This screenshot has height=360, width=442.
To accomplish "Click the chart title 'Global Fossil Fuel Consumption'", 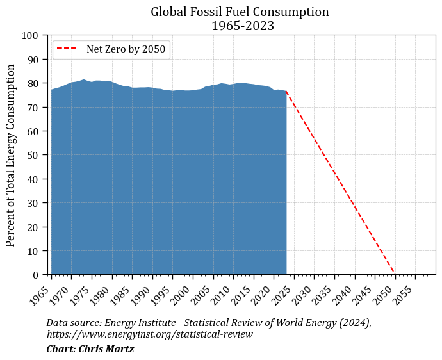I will [240, 12].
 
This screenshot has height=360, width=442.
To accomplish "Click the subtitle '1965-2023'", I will [240, 26].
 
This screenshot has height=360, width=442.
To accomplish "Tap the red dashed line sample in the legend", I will [67, 49].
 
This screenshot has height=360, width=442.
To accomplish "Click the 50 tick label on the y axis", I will [35, 155].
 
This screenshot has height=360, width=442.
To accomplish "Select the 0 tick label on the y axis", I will [37, 275].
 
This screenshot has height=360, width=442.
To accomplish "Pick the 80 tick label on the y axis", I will [35, 83].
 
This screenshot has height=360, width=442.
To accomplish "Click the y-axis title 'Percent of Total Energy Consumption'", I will [11, 155].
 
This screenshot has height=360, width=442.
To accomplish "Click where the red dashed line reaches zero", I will [395, 274].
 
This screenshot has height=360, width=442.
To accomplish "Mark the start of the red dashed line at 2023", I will [286, 92].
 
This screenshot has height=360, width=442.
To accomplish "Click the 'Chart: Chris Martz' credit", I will [90, 349].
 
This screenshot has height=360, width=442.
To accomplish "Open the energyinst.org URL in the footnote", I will [149, 334].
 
